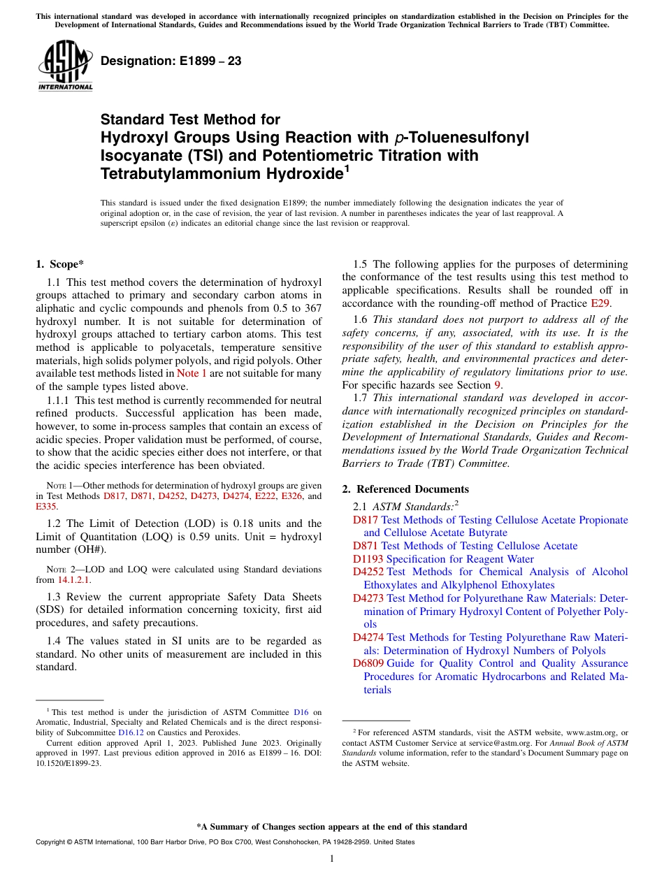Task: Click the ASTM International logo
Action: tap(65, 66)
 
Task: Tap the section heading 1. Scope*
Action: tap(59, 264)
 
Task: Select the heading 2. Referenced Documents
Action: tap(405, 489)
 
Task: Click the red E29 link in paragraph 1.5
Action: tap(600, 304)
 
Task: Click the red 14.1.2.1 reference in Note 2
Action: tap(73, 580)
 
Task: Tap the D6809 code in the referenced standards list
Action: tap(368, 663)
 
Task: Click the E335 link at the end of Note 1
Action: tap(46, 507)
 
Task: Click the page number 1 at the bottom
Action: tap(332, 859)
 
